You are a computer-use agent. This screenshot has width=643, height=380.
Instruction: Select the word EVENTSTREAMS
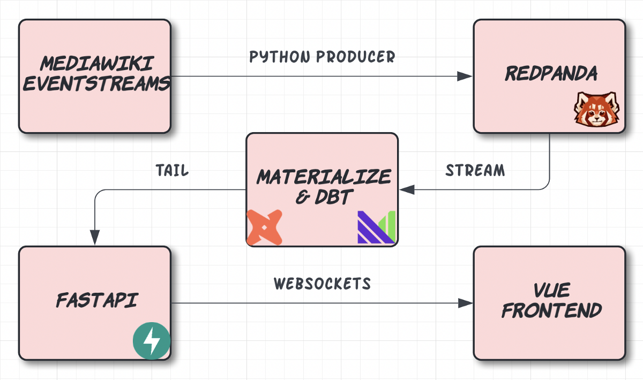(97, 83)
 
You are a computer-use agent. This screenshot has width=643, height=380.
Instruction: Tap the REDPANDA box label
(551, 74)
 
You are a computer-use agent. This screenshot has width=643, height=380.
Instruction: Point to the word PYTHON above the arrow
(277, 57)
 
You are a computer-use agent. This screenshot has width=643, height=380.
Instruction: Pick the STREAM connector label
(475, 171)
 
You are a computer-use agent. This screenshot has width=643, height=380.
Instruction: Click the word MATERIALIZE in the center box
(324, 177)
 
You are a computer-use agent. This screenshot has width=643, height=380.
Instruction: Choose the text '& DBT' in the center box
(323, 197)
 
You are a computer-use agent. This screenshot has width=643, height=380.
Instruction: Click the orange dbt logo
(264, 227)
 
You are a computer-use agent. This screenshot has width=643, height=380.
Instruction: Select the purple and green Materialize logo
(376, 227)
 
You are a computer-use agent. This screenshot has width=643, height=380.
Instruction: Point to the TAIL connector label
(172, 171)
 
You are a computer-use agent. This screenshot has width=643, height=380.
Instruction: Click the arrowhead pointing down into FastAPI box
(95, 237)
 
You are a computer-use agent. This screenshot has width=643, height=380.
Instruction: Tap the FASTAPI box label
(96, 300)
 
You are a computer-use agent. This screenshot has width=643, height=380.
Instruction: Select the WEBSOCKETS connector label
(322, 284)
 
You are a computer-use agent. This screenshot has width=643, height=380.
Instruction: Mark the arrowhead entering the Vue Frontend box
(465, 303)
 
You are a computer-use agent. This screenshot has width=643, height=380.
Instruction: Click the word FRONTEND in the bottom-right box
(551, 311)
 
